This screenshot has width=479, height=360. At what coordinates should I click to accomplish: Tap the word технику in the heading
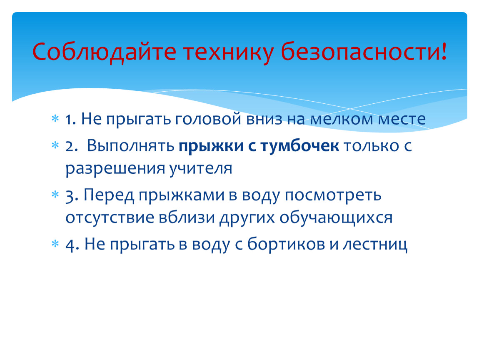pyautogui.click(x=228, y=52)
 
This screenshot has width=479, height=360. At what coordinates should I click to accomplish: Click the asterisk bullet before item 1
pyautogui.click(x=55, y=119)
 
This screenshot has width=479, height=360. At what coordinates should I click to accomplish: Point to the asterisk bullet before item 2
pyautogui.click(x=55, y=145)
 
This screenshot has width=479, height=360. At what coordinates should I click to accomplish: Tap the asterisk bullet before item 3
pyautogui.click(x=55, y=194)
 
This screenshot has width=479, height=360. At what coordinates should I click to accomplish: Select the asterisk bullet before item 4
pyautogui.click(x=55, y=244)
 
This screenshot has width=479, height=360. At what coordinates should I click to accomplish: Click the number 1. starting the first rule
pyautogui.click(x=71, y=120)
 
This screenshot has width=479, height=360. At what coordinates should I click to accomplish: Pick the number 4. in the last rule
pyautogui.click(x=72, y=245)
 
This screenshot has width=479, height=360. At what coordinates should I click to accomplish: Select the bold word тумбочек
pyautogui.click(x=299, y=146)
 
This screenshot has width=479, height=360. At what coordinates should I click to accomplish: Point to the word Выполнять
pyautogui.click(x=130, y=146)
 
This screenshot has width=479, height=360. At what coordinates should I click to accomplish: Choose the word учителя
pyautogui.click(x=201, y=169)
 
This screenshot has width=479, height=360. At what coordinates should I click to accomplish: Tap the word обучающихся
pyautogui.click(x=336, y=218)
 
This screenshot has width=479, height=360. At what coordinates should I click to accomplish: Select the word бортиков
pyautogui.click(x=286, y=244)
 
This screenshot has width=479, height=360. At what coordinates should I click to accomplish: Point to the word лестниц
pyautogui.click(x=375, y=245)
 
